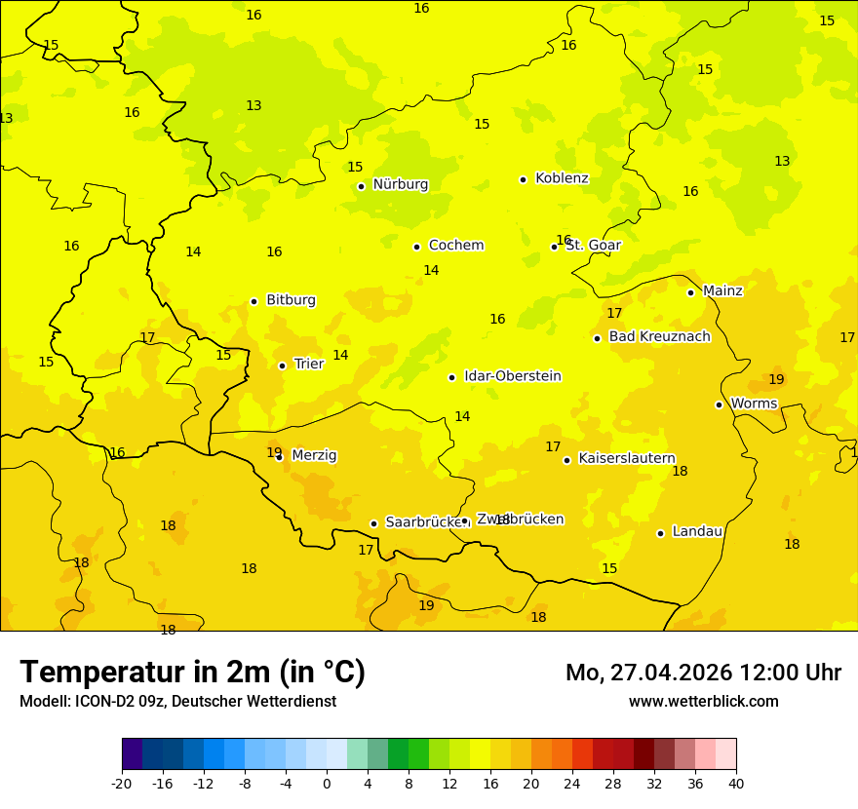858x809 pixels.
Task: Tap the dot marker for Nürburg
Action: pyautogui.click(x=361, y=186)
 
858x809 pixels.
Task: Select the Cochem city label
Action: pyautogui.click(x=456, y=246)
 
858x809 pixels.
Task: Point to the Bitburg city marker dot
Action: pyautogui.click(x=253, y=301)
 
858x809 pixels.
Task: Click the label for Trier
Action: pyautogui.click(x=309, y=365)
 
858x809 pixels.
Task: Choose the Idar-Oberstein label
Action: pyautogui.click(x=513, y=376)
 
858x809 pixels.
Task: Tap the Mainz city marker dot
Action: pyautogui.click(x=690, y=292)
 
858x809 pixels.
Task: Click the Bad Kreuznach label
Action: pyautogui.click(x=659, y=337)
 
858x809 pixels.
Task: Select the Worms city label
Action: pyautogui.click(x=754, y=404)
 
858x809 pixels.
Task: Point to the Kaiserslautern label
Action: pyautogui.click(x=627, y=459)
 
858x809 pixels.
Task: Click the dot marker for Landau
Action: pyautogui.click(x=660, y=533)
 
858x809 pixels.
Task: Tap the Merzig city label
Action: pyautogui.click(x=314, y=455)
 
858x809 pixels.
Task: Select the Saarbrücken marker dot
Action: pyautogui.click(x=373, y=523)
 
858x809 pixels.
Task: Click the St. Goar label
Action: pyautogui.click(x=593, y=246)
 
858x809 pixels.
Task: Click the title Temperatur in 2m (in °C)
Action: pyautogui.click(x=192, y=672)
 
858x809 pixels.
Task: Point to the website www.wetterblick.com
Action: pyautogui.click(x=703, y=702)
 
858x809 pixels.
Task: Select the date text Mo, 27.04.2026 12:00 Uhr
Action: pyautogui.click(x=703, y=673)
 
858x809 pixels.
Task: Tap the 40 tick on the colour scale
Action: pyautogui.click(x=736, y=783)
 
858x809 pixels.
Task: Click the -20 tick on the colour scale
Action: pyautogui.click(x=122, y=783)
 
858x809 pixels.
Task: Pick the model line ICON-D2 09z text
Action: pyautogui.click(x=177, y=702)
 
